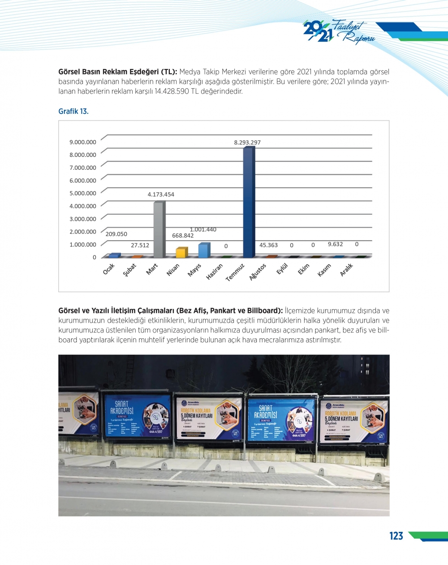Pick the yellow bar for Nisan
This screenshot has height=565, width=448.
[x=181, y=252]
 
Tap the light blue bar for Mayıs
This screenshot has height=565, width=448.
[x=204, y=250]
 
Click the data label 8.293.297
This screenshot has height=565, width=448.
[x=247, y=142]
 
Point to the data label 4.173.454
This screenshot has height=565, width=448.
[x=161, y=194]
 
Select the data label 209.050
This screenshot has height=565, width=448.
[x=116, y=234]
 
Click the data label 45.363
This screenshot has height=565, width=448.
[x=268, y=245]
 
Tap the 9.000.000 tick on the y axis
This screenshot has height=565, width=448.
[x=82, y=142]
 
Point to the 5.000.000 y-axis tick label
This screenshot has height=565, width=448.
[x=82, y=193]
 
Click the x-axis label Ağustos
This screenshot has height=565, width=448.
[x=258, y=272]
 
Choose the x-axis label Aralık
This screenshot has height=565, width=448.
[x=346, y=269]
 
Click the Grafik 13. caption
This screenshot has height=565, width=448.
[x=73, y=111]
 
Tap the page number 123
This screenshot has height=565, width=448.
[x=396, y=536]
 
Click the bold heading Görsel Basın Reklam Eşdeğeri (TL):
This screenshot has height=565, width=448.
[x=118, y=72]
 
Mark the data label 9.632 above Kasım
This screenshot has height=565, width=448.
[x=335, y=244]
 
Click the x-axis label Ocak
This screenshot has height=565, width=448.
[x=109, y=269]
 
